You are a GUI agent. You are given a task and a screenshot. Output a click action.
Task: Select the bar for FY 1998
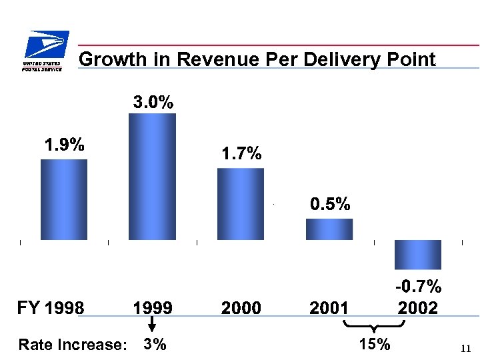tap(64, 199)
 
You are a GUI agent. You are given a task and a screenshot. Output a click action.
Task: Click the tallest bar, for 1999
tap(152, 177)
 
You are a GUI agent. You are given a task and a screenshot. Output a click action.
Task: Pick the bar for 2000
tap(241, 204)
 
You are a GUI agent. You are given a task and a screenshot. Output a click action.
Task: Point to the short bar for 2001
tap(329, 229)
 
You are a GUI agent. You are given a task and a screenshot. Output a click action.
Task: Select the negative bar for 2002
tap(418, 254)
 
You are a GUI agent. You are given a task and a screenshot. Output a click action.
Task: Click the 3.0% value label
tap(153, 103)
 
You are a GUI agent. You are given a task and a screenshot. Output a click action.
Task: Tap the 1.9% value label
tap(64, 145)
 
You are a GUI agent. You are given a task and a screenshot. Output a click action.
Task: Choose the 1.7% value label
tap(241, 154)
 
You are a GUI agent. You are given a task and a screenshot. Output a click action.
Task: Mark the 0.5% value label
tap(330, 204)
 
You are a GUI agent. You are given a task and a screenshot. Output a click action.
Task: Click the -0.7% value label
tap(418, 287)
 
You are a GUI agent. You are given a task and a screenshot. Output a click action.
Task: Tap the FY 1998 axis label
tap(51, 308)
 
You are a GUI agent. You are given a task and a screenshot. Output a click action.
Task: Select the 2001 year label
tap(329, 308)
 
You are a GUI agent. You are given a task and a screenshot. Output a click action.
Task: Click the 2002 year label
tap(418, 308)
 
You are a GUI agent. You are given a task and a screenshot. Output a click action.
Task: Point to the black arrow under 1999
tap(152, 325)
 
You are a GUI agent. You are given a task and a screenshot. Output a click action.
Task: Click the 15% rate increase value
tap(375, 344)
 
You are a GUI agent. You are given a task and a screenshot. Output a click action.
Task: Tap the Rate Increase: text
tap(73, 345)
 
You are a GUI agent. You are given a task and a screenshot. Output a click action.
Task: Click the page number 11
tap(465, 348)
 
